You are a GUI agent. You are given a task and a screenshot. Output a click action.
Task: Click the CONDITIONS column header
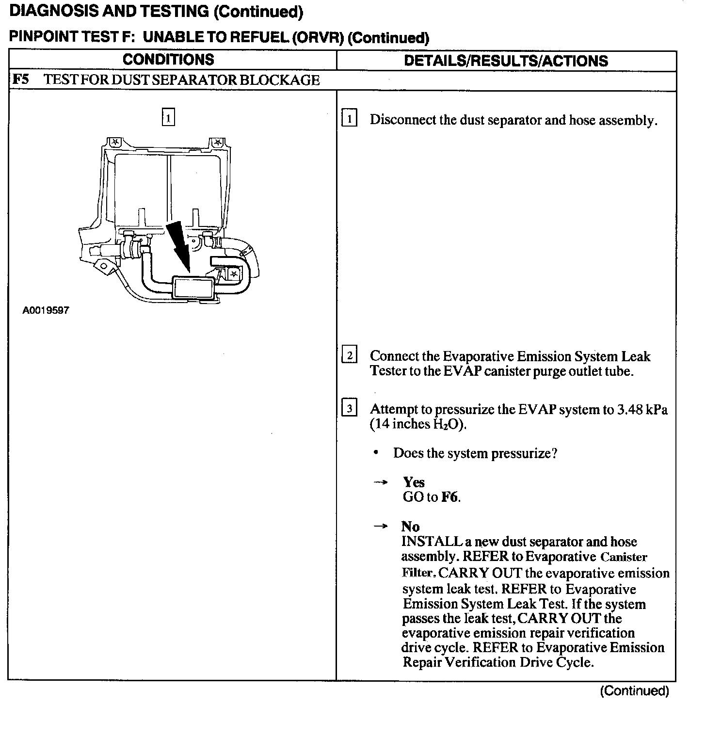point(168,60)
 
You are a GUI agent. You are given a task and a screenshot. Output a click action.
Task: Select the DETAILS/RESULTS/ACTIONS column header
point(506,61)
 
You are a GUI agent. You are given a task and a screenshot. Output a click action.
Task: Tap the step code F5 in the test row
point(20,80)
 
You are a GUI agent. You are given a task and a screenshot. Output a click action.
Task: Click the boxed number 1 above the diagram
point(168,118)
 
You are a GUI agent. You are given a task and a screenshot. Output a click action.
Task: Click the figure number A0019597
point(46,310)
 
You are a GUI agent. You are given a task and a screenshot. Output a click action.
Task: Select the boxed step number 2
point(349,355)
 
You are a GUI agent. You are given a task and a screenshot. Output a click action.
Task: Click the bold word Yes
point(414,482)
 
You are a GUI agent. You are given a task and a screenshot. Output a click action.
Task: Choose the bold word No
point(410,527)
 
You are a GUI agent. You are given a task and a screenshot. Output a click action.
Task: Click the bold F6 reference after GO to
point(449,497)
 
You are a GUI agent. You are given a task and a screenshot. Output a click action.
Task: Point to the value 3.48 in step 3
point(631,410)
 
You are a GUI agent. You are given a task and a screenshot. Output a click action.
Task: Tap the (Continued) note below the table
point(634,691)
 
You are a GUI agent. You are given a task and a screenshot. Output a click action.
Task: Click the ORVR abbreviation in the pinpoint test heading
point(319,38)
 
